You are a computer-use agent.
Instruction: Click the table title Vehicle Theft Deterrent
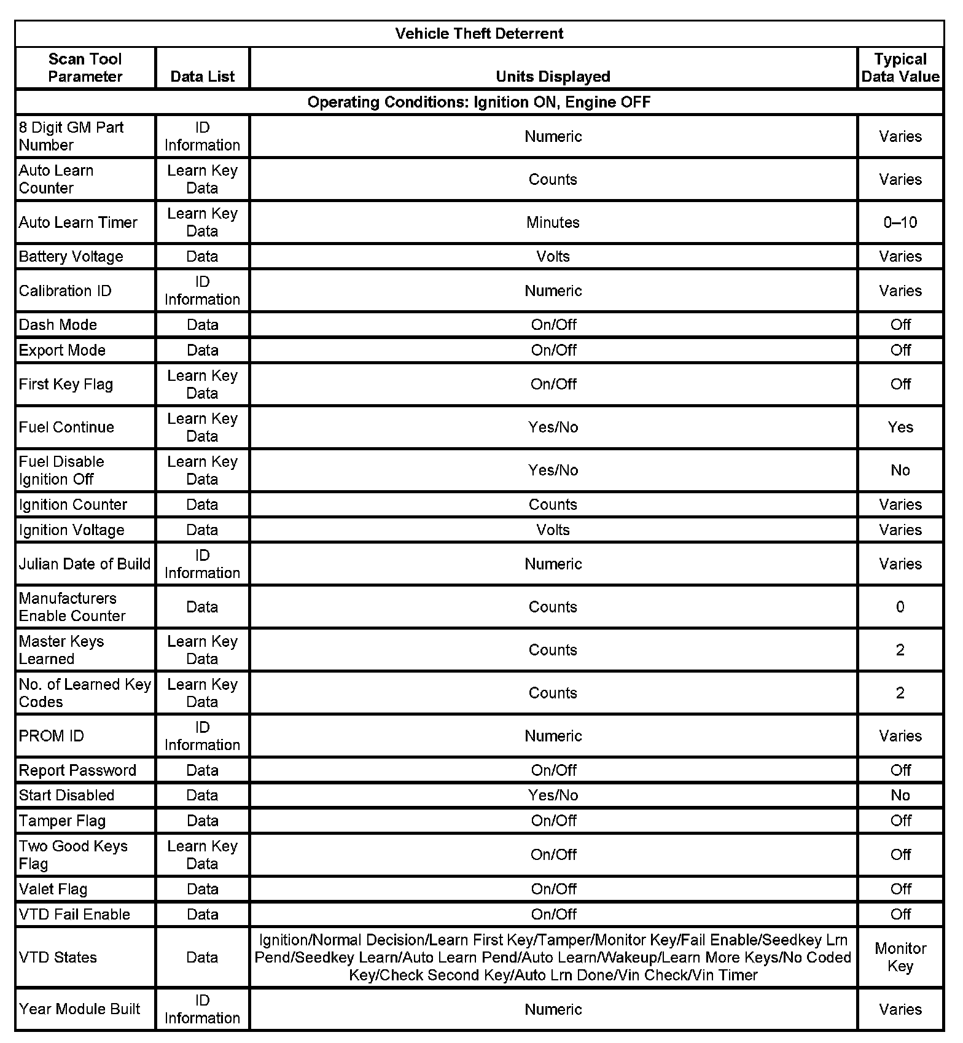479,34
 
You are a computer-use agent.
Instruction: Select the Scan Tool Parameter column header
85,68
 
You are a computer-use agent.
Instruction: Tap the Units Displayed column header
553,77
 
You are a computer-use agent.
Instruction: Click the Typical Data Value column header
900,68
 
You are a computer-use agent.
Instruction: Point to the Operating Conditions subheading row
479,102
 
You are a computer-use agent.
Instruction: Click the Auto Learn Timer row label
78,222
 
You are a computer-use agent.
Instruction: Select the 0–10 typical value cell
900,222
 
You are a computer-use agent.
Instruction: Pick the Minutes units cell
553,222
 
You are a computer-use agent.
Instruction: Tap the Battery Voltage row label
71,257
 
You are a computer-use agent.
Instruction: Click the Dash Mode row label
58,325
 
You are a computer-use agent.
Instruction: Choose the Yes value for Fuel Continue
900,428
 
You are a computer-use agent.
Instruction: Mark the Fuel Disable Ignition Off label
61,471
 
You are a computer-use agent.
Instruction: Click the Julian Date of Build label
85,564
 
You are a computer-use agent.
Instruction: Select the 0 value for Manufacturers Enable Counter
900,607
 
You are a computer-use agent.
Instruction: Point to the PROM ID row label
51,736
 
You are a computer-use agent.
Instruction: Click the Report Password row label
77,770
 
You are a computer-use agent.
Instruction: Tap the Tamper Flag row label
62,821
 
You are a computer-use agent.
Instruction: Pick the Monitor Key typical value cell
900,957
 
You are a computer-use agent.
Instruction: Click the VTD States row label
58,957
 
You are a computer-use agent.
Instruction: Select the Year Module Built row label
79,1009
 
